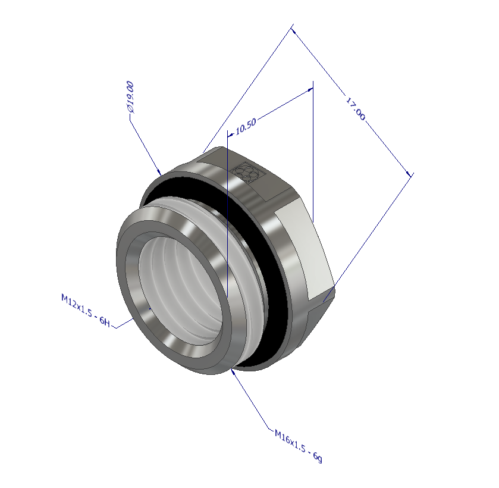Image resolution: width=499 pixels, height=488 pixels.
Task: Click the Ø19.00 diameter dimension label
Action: coord(130,98)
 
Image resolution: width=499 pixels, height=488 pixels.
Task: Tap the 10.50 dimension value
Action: coord(246,126)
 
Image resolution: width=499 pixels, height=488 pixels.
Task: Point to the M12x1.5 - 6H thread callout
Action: coord(86,309)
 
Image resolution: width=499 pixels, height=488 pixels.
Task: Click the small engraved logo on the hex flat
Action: coord(246,173)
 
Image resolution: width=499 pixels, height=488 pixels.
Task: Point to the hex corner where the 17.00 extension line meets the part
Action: coord(325,301)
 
